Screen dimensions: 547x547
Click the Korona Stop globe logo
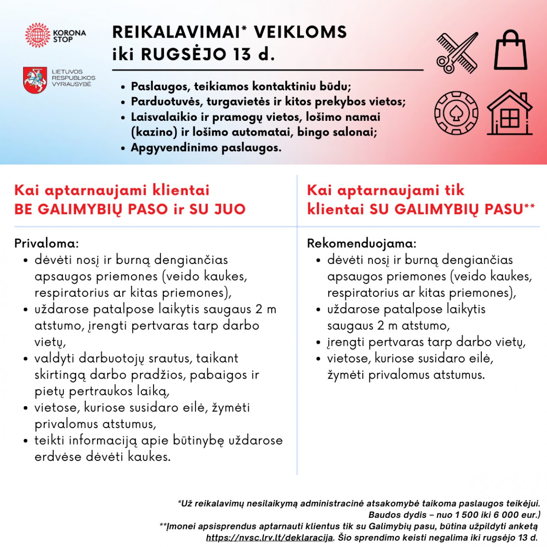pos(38,35)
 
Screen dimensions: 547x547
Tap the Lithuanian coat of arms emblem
pos(35,80)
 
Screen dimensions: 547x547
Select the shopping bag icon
pos(510,50)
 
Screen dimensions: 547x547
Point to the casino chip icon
pos(456,113)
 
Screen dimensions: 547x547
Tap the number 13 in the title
pos(242,54)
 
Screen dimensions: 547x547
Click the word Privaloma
pos(46,243)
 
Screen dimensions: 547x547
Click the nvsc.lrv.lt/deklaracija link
pos(270,537)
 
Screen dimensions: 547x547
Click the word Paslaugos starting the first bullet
pos(159,86)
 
